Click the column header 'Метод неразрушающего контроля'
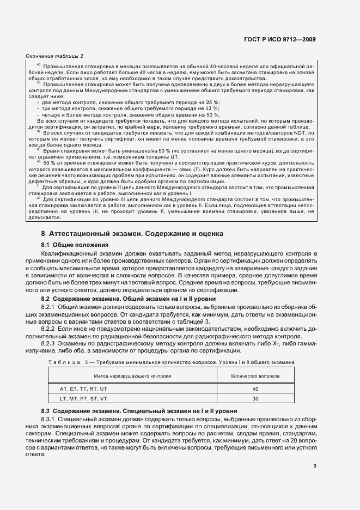(x=132, y=376)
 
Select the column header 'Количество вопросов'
(x=255, y=376)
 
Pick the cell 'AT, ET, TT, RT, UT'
(x=84, y=388)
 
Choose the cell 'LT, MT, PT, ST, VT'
(x=84, y=399)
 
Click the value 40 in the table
(x=255, y=388)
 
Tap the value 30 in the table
(x=255, y=399)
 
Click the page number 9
(x=315, y=466)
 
